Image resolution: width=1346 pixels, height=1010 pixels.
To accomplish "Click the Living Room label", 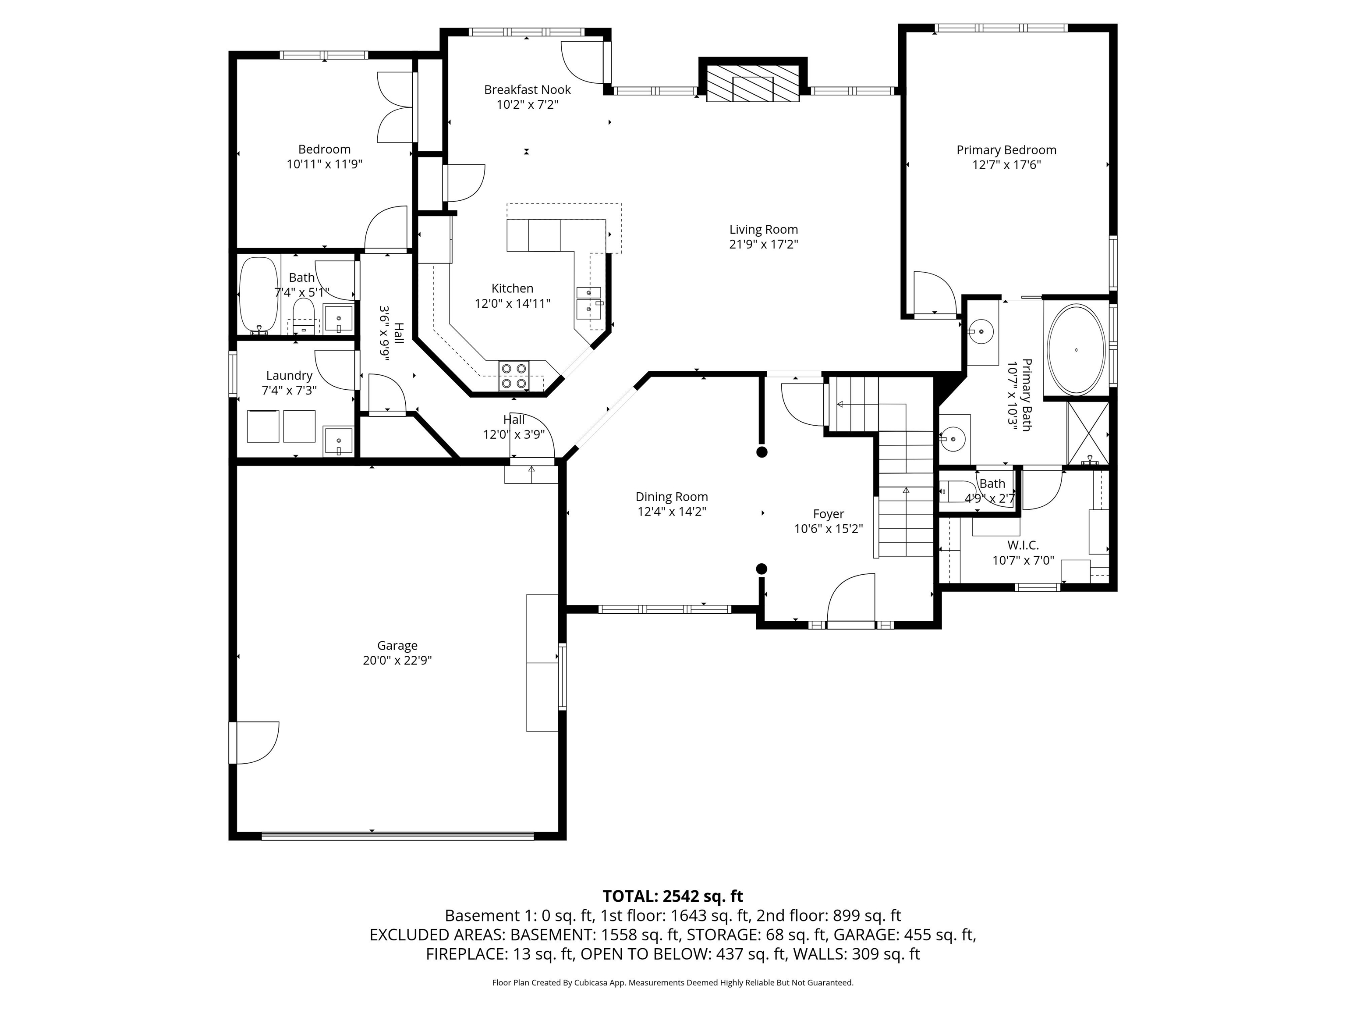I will pos(763,230).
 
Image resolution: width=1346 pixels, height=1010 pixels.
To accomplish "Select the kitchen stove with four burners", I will pos(514,376).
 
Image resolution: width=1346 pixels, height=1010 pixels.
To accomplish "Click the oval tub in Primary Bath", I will pos(1076,349).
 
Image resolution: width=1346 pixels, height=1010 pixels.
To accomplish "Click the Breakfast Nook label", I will pos(527,89).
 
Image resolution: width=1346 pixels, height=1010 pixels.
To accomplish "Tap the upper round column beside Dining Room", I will pos(761,452).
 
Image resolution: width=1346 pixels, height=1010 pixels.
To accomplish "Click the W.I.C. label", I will pos(1023,545).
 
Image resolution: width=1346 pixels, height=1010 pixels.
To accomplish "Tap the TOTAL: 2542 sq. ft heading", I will pos(673,896).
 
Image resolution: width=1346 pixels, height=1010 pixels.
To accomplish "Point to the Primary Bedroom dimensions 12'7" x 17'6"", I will pos(1006,165).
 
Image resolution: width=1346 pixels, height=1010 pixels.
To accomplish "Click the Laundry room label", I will pos(289,376).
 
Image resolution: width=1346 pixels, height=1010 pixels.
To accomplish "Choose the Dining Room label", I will pos(671,497).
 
